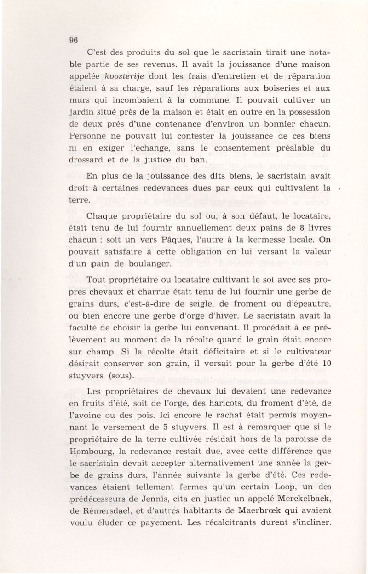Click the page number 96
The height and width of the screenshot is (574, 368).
(73, 40)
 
